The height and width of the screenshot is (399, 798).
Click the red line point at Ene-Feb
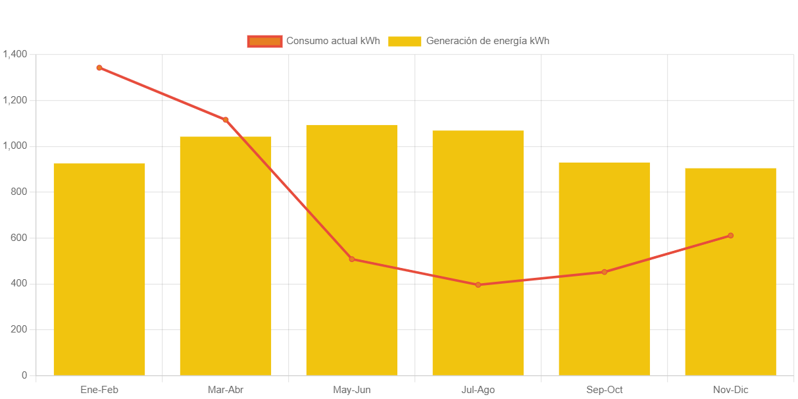[x=99, y=67]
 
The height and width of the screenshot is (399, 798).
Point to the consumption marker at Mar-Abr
[x=226, y=120]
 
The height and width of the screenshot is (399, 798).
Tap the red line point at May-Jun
[x=352, y=259]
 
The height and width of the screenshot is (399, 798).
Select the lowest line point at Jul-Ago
[x=478, y=285]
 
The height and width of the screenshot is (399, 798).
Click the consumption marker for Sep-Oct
[x=604, y=272]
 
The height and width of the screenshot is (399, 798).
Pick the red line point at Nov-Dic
[x=730, y=236]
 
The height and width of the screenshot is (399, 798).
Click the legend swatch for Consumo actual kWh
[x=264, y=41]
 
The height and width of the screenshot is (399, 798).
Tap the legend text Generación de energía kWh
[x=487, y=41]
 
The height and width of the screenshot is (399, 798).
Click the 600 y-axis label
[x=20, y=238]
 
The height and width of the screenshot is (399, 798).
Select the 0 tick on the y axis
[x=24, y=375]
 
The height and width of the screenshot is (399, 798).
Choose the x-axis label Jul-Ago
[x=478, y=390]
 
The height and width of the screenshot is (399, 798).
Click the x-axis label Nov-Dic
[x=730, y=390]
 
